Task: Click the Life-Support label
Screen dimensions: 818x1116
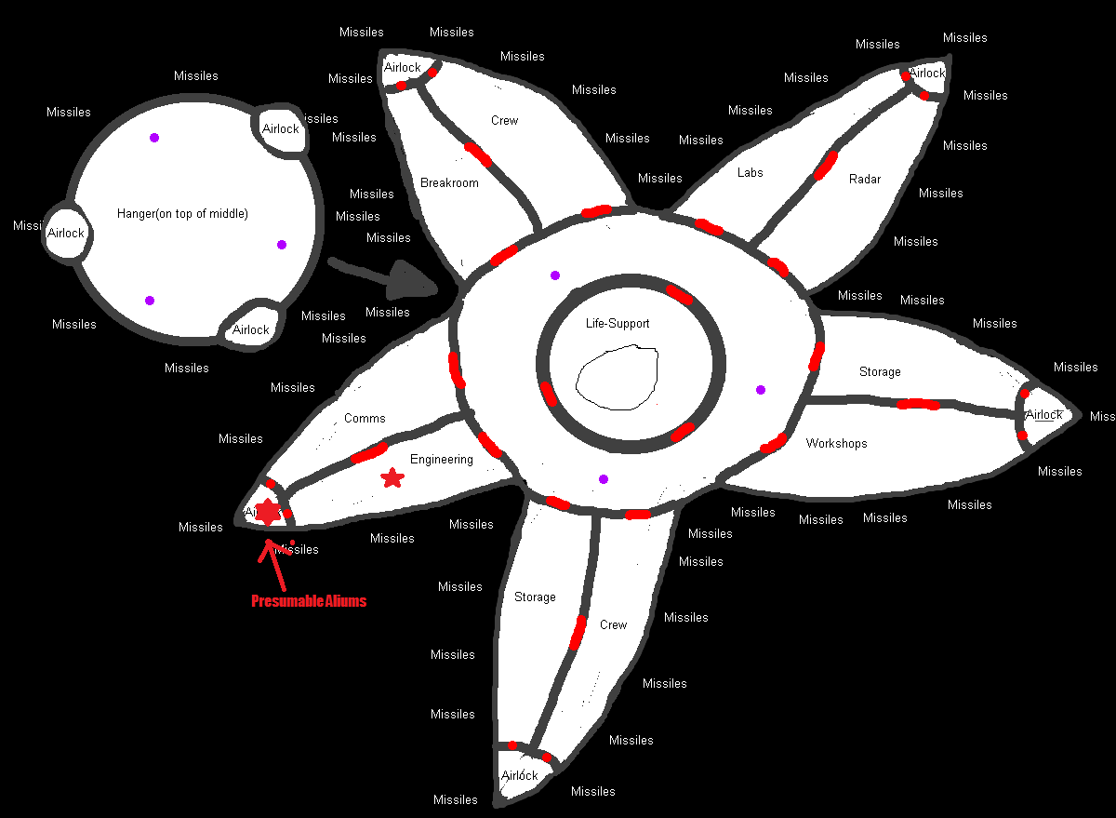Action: (618, 324)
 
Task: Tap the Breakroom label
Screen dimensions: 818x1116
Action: (449, 183)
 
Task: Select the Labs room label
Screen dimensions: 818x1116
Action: (750, 173)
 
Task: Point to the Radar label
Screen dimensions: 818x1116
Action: (865, 180)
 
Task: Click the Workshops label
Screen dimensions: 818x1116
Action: (836, 444)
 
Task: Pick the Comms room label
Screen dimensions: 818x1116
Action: (365, 419)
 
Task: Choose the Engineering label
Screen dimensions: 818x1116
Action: (442, 460)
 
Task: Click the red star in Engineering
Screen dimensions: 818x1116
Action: (392, 478)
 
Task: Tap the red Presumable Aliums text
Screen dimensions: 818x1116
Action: (309, 601)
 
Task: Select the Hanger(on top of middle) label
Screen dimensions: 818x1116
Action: (182, 214)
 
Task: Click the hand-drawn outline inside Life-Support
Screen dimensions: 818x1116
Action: (618, 378)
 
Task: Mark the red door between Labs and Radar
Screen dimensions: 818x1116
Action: (825, 165)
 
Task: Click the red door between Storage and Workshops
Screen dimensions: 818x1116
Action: (917, 404)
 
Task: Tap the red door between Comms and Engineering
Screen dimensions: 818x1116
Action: (369, 453)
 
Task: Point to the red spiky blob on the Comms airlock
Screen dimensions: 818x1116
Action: (268, 511)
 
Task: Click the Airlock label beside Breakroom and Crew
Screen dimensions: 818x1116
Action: (403, 68)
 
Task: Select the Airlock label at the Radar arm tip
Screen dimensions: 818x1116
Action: (927, 73)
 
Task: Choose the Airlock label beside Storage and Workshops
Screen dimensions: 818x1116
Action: (1044, 415)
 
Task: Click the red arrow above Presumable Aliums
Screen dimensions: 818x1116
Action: (273, 562)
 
